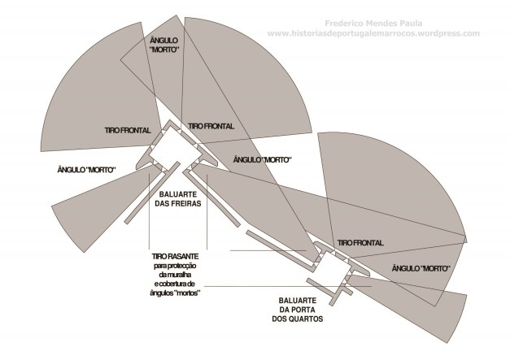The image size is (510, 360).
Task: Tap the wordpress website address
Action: tap(373, 33)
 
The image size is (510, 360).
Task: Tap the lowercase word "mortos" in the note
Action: tap(187, 293)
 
